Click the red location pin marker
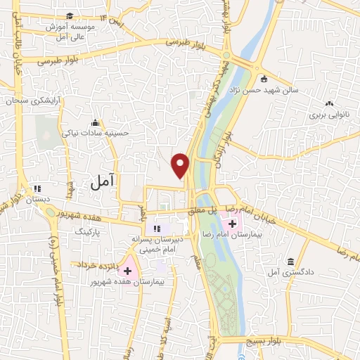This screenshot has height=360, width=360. [x=181, y=165]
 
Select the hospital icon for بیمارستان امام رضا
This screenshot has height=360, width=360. [x=233, y=223]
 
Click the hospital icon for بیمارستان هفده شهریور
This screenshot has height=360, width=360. [x=127, y=271]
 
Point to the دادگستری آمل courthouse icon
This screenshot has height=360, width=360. [x=290, y=262]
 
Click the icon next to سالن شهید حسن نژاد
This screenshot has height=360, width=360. [x=263, y=78]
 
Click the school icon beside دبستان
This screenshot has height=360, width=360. [x=37, y=188]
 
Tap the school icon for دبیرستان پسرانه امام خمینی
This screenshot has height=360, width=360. [x=157, y=228]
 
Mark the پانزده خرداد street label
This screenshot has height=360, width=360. [x=93, y=264]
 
